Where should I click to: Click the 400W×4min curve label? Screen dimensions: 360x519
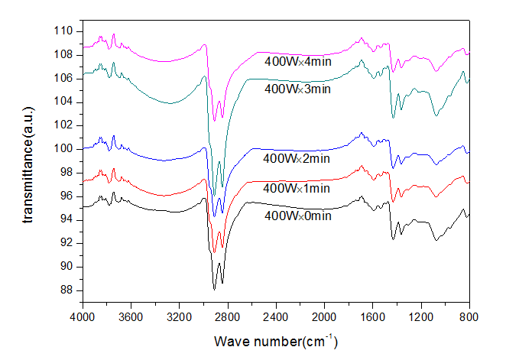coord(298,62)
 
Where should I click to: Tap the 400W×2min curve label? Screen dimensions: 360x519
coord(297,159)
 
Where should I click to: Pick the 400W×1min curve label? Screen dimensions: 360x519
coord(297,188)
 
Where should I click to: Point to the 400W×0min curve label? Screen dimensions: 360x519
coord(297,216)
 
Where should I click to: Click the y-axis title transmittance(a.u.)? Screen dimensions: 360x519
coord(29,164)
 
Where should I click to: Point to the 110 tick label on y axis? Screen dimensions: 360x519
coord(63,31)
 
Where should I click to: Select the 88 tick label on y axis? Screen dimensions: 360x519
coord(66,290)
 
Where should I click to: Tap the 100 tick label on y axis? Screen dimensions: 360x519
coord(63,148)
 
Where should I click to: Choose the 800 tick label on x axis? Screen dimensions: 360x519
coord(469,315)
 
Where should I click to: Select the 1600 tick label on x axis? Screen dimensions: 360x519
coord(372,315)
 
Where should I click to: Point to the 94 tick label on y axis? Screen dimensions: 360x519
coord(66,219)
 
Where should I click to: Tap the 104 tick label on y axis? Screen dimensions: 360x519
coord(63,102)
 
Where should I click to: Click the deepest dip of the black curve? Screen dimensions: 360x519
coord(215,289)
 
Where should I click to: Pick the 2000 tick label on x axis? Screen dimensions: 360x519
coord(324,315)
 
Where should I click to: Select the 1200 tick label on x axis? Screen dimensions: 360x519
coord(421,315)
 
